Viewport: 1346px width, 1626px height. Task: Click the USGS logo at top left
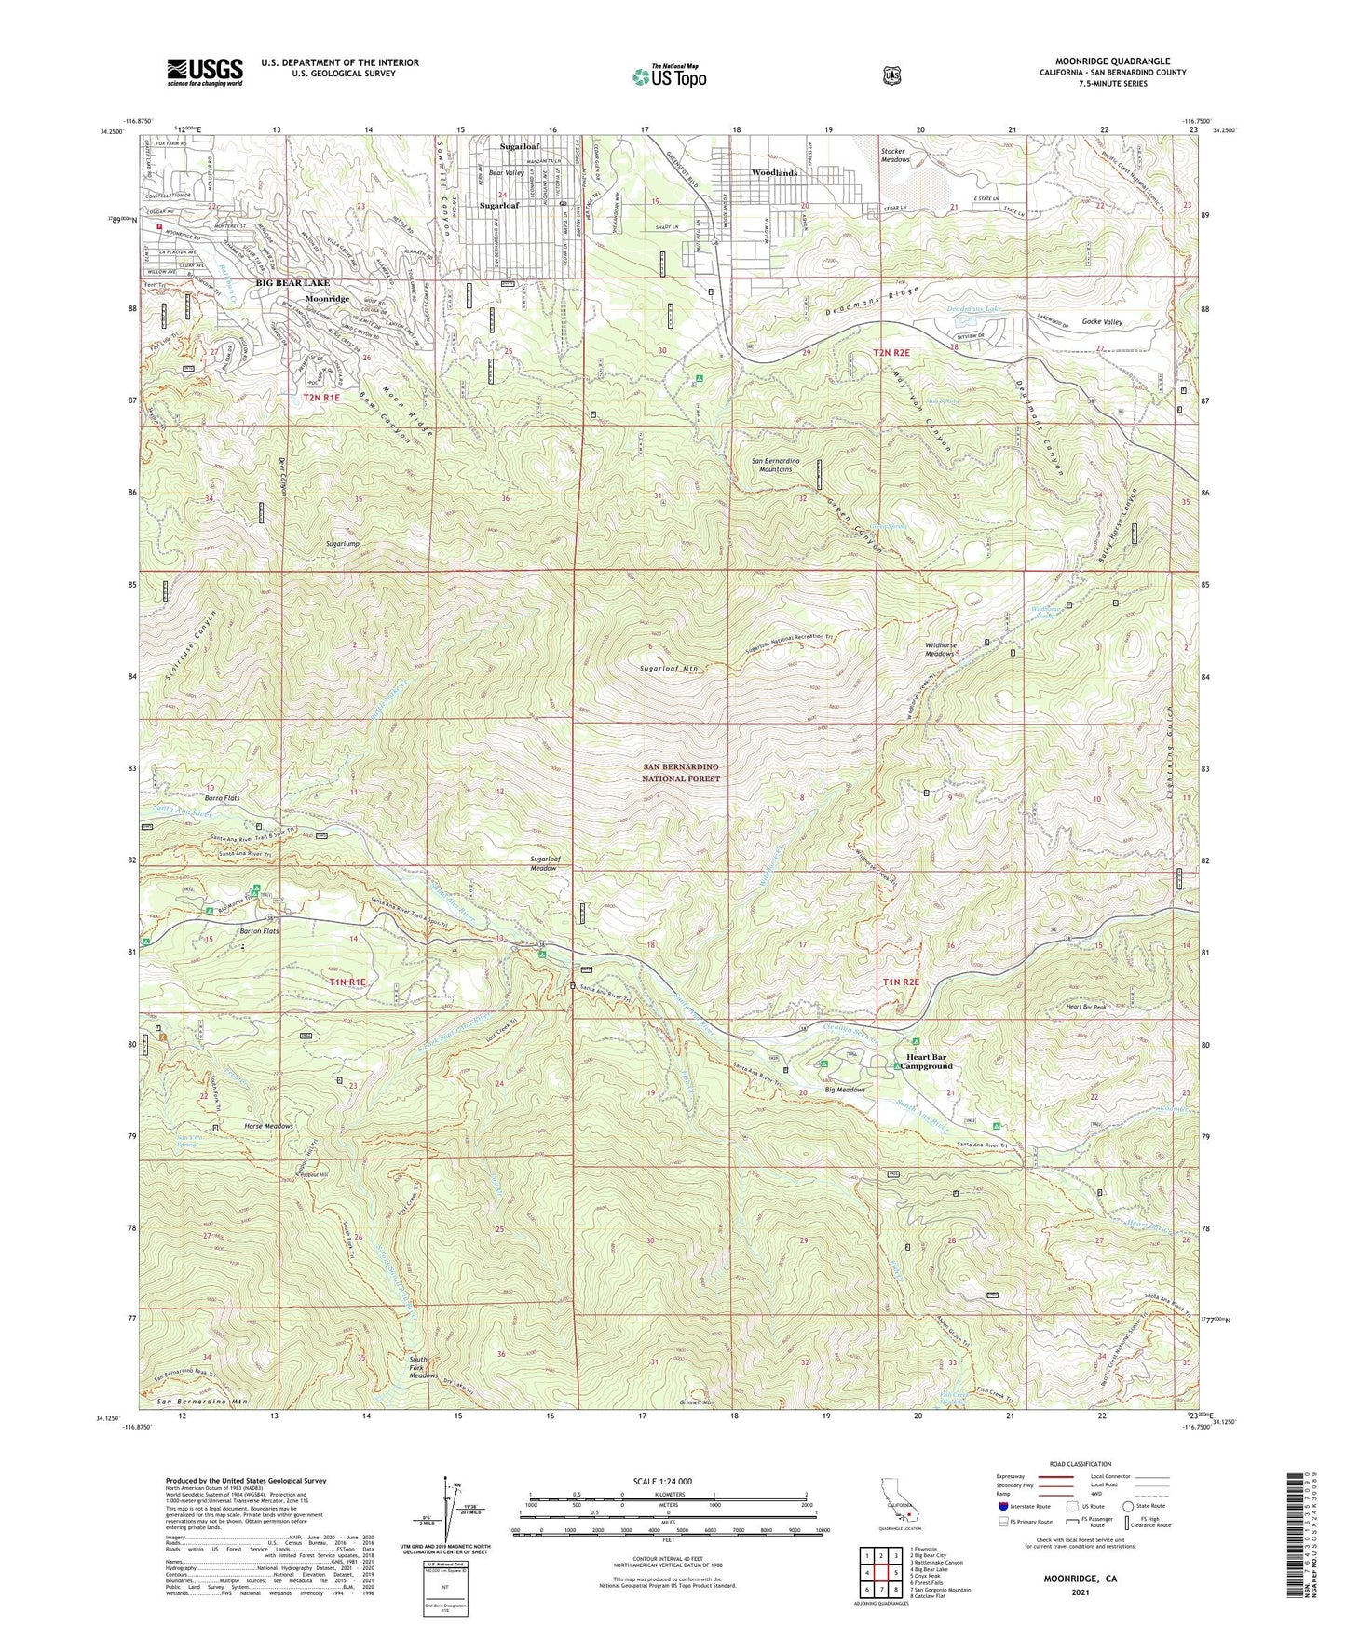point(205,71)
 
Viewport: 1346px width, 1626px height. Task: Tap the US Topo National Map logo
point(669,75)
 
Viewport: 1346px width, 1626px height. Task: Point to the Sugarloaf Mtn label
point(668,669)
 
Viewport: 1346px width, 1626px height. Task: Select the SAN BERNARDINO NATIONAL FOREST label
point(681,772)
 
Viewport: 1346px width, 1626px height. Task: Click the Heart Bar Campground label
point(927,1062)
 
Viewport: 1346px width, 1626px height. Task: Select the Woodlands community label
point(774,173)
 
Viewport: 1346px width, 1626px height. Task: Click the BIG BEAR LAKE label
point(293,282)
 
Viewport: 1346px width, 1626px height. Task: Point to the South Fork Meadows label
point(423,1367)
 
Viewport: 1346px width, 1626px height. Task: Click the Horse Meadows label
point(268,1126)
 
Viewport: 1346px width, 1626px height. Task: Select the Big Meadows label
point(845,1089)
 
